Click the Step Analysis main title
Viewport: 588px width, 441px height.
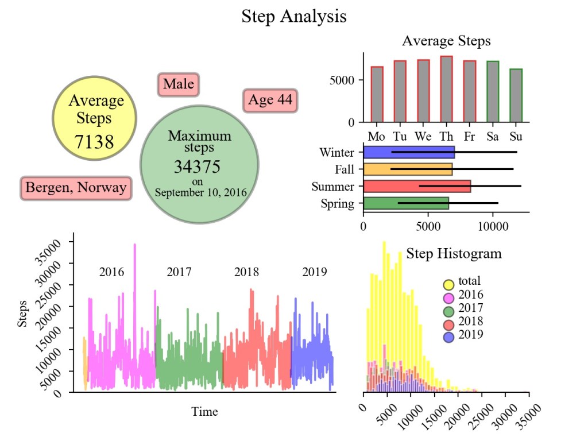click(x=293, y=16)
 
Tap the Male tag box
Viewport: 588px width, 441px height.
click(x=178, y=84)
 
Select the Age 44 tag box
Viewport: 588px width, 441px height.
click(x=270, y=100)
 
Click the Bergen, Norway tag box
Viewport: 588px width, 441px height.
click(x=76, y=188)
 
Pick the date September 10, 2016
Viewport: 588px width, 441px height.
click(x=200, y=192)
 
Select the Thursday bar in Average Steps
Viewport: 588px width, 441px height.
click(x=446, y=89)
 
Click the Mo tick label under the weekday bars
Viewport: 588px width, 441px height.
click(x=377, y=137)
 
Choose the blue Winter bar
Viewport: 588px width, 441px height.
click(x=409, y=153)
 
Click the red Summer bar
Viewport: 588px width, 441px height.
click(x=417, y=186)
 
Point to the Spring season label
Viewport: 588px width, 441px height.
click(x=338, y=203)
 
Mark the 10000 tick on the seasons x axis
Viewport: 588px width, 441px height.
click(x=493, y=226)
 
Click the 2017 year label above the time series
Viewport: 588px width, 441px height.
click(x=179, y=272)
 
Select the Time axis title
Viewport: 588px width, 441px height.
click(x=204, y=412)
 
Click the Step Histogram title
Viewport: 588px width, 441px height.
click(x=454, y=253)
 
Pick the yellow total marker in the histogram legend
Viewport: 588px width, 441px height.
click(x=449, y=284)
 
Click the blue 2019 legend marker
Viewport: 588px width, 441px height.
click(x=449, y=337)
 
